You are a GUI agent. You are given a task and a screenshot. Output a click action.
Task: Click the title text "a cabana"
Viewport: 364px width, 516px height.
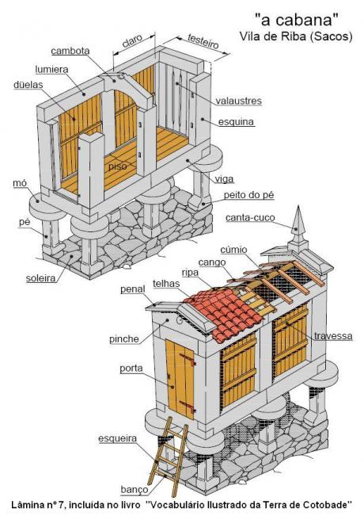click(x=297, y=20)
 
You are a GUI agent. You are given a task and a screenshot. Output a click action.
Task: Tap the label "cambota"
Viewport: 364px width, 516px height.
click(x=70, y=51)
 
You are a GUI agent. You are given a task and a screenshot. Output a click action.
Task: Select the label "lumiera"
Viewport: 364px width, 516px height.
click(x=52, y=70)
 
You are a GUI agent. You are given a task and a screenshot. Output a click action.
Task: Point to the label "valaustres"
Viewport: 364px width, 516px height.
click(x=238, y=101)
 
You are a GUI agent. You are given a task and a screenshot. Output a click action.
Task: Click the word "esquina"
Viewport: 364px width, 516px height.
click(x=237, y=122)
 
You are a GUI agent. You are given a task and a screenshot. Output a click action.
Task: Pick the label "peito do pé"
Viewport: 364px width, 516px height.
click(x=248, y=195)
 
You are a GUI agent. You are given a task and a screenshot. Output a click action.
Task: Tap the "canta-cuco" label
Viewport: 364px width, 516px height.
click(x=250, y=217)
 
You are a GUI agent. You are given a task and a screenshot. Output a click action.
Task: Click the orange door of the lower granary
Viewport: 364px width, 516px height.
click(x=180, y=378)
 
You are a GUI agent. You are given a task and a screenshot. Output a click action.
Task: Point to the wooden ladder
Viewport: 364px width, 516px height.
click(x=168, y=457)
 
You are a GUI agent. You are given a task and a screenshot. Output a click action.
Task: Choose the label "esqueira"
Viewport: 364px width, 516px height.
click(x=117, y=438)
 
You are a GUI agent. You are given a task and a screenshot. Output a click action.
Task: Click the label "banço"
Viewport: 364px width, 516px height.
click(x=135, y=490)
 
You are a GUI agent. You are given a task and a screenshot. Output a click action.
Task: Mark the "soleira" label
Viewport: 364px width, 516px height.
click(x=40, y=278)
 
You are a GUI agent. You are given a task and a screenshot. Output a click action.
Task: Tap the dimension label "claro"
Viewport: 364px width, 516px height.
click(x=132, y=40)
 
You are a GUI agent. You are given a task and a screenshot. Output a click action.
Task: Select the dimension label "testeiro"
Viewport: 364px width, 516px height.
click(x=203, y=41)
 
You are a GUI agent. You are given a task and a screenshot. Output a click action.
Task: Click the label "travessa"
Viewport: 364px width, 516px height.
click(x=333, y=336)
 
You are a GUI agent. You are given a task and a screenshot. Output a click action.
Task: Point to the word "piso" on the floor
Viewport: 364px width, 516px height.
click(x=117, y=166)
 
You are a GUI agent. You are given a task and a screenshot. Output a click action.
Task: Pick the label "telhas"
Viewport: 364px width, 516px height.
click(x=166, y=284)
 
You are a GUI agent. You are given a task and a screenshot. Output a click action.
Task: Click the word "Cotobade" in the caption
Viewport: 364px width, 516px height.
click(x=328, y=504)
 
